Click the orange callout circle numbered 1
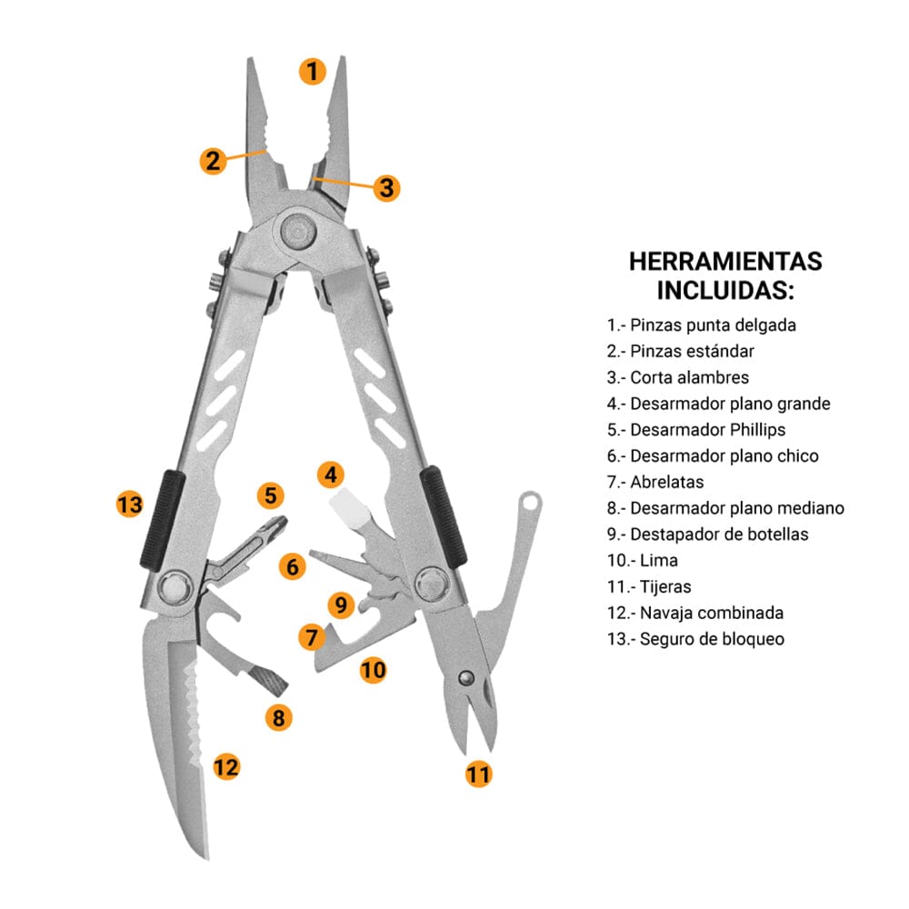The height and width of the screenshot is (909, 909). click(313, 71)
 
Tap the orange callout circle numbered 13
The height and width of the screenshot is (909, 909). click(130, 504)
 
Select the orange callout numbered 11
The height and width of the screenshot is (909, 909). click(479, 774)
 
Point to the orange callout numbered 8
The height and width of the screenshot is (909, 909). click(279, 718)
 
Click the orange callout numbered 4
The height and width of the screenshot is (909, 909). click(331, 474)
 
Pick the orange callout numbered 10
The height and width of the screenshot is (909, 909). click(373, 670)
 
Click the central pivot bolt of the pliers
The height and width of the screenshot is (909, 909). click(298, 230)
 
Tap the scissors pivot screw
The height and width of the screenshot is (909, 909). click(465, 677)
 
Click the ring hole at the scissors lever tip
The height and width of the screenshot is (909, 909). click(529, 502)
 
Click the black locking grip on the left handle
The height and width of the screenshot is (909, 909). click(163, 519)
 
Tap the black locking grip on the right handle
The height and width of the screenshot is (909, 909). click(443, 516)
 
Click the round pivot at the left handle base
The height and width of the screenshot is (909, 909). click(174, 588)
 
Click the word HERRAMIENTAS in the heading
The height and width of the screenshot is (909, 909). click(725, 262)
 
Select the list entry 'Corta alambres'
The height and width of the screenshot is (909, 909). click(678, 377)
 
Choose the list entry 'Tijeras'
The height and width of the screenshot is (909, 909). click(649, 586)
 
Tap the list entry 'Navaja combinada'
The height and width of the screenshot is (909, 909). click(695, 613)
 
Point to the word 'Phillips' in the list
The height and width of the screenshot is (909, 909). click(757, 430)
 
